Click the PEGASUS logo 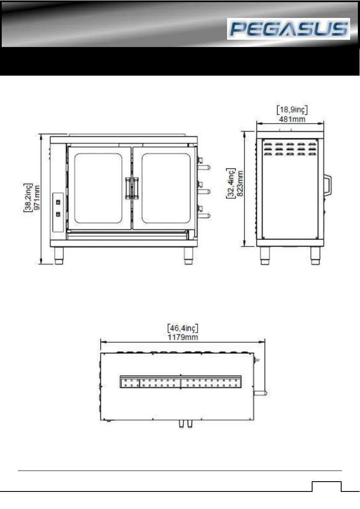pyautogui.click(x=288, y=29)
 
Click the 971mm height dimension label pyautogui.click(x=37, y=198)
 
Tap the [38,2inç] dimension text pyautogui.click(x=28, y=198)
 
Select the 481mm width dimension pyautogui.click(x=292, y=119)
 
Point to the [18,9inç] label pyautogui.click(x=292, y=110)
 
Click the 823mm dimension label pyautogui.click(x=240, y=184)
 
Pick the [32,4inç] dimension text pyautogui.click(x=231, y=183)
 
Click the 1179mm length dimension pyautogui.click(x=183, y=337)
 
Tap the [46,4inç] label pyautogui.click(x=183, y=328)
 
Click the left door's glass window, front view pyautogui.click(x=98, y=188)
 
